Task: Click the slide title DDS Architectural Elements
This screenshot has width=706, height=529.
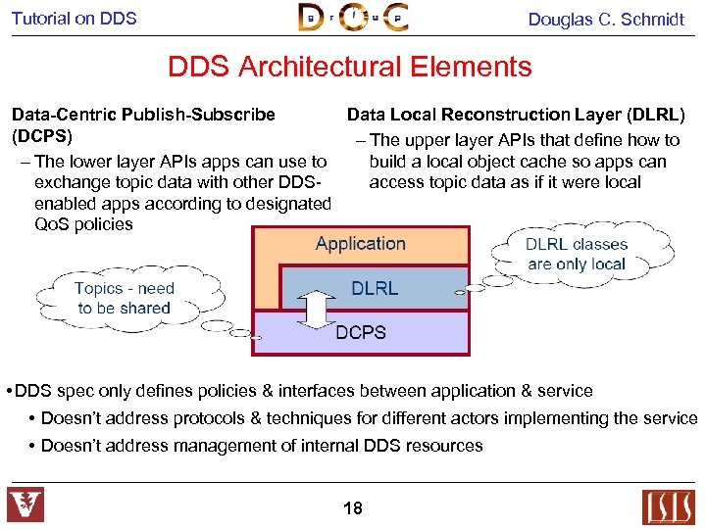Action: click(x=349, y=67)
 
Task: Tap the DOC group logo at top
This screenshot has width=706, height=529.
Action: click(x=353, y=18)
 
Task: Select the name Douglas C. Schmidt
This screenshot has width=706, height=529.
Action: click(x=605, y=19)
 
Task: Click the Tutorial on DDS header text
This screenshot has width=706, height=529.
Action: click(x=75, y=18)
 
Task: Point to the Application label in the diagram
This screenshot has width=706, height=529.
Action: click(x=360, y=244)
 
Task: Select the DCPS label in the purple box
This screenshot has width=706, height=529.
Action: click(x=361, y=332)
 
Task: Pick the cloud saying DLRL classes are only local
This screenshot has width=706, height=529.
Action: click(x=576, y=254)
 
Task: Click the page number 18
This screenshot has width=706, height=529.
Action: click(x=353, y=507)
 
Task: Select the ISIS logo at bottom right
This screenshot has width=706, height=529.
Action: click(x=668, y=506)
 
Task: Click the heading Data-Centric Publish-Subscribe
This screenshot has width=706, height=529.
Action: click(x=143, y=115)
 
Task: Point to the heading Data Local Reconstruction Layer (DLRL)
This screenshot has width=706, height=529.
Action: click(x=516, y=115)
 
